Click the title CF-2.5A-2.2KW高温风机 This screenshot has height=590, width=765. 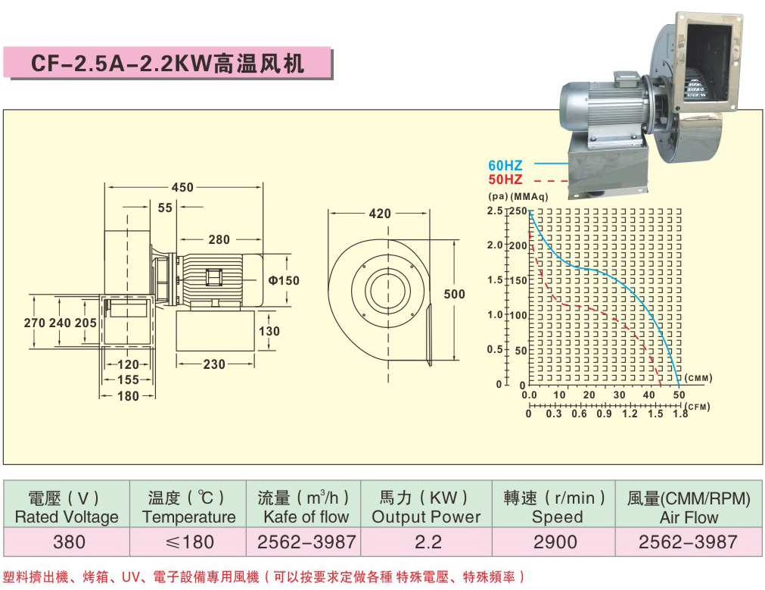click(167, 63)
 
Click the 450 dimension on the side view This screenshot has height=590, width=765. click(182, 187)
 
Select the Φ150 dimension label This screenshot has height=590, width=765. click(284, 280)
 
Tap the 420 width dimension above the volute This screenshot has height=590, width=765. click(380, 214)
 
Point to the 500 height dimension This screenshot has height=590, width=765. click(454, 294)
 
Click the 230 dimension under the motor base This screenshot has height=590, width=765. click(214, 364)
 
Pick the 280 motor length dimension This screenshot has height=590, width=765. click(219, 240)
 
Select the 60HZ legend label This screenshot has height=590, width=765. click(505, 165)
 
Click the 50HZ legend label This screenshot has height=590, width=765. click(505, 179)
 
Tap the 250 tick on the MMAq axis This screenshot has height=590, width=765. click(518, 211)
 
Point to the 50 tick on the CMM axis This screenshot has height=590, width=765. click(679, 395)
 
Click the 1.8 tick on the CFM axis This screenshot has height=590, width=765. click(680, 414)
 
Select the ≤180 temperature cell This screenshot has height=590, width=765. click(188, 542)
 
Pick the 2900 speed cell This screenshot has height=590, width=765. click(555, 542)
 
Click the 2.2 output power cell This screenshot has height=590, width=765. click(427, 542)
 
